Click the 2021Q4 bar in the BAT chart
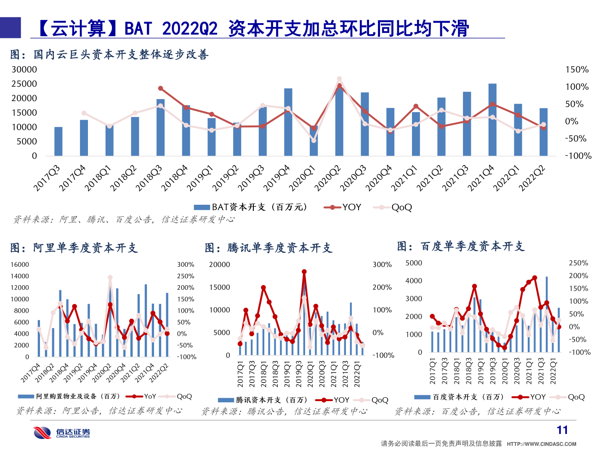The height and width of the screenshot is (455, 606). [492, 120]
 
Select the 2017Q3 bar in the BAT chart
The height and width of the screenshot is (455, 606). [58, 141]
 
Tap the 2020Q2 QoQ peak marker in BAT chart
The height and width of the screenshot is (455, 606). [339, 79]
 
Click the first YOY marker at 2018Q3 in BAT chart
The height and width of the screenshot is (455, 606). [161, 88]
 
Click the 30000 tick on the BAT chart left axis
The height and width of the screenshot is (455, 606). [24, 70]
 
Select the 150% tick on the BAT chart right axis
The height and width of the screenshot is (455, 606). [577, 70]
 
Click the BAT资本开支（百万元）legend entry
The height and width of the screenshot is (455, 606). [252, 207]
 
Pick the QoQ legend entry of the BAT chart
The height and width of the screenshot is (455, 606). [396, 207]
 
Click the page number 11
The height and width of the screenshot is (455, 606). [562, 430]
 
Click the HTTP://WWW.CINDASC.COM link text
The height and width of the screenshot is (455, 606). [541, 444]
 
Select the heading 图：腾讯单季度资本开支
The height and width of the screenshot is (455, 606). [268, 248]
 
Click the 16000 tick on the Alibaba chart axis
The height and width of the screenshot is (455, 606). [20, 265]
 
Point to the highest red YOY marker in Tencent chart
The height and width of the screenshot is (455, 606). [304, 272]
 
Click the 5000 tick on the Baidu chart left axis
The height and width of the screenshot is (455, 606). [414, 263]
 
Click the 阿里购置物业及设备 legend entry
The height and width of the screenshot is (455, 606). [69, 396]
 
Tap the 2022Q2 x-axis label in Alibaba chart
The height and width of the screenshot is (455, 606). [159, 372]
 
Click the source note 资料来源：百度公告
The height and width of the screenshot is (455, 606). [478, 411]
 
